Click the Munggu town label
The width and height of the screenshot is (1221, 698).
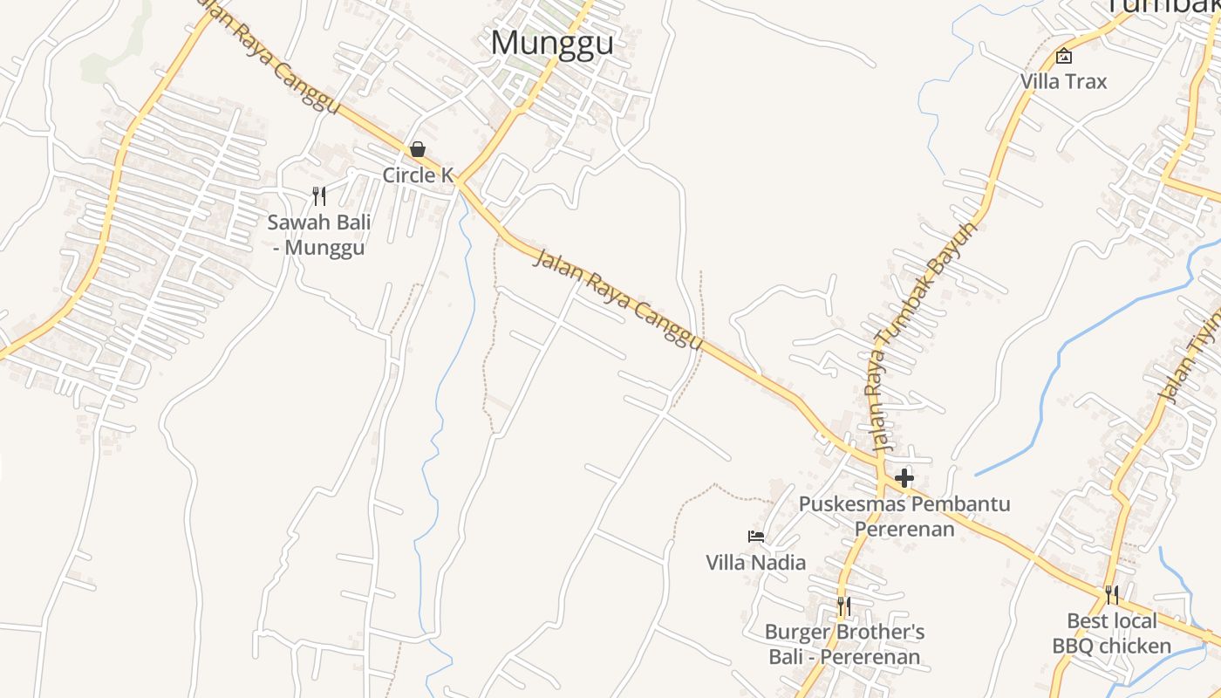pos(552,43)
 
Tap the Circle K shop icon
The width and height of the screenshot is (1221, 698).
pos(418,149)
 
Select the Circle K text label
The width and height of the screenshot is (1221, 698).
pos(418,175)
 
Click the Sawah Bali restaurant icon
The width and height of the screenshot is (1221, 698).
pos(319,196)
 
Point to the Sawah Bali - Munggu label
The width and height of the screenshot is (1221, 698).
pos(318,235)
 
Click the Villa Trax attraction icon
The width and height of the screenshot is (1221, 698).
pos(1064,57)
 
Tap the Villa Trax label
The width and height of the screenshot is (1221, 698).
pos(1064,82)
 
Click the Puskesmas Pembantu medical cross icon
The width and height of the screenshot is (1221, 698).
pos(904,478)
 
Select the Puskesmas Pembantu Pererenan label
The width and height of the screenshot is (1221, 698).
pos(904,517)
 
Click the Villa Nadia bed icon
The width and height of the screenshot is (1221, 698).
pos(756,536)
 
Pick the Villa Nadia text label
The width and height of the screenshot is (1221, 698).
pos(756,562)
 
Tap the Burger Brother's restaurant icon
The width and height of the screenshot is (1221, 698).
pos(843,606)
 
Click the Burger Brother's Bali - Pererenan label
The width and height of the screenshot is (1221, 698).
pos(844,644)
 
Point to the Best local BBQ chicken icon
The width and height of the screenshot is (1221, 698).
pos(1112,595)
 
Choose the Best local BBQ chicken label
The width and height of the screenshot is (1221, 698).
pos(1112,633)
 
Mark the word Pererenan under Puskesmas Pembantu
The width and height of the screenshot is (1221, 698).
pos(904,529)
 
